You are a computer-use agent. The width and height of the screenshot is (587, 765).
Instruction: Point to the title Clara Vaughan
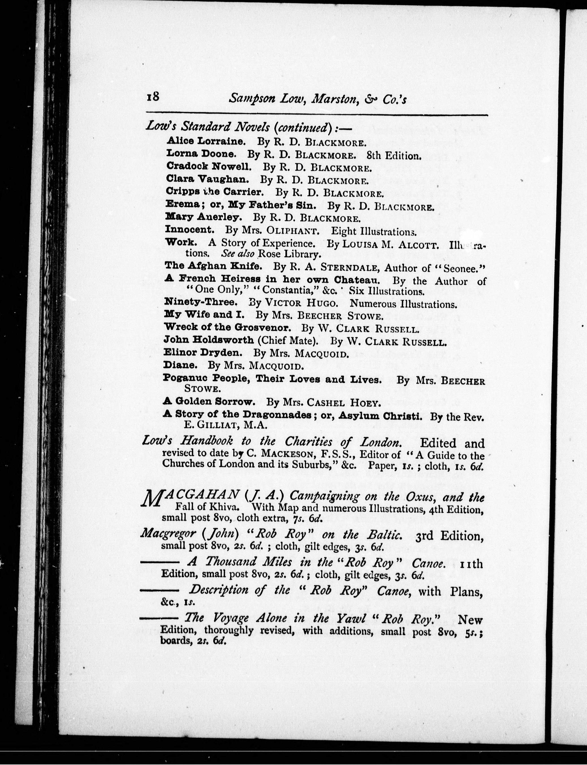pos(207,179)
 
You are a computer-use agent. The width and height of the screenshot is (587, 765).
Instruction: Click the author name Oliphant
pos(293,231)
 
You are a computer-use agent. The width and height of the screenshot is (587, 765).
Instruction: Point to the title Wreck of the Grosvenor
pos(227,328)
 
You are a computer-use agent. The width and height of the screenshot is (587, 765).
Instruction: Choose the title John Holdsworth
pos(209,340)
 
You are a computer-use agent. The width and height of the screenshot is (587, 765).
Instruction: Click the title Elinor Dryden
pos(203,353)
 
